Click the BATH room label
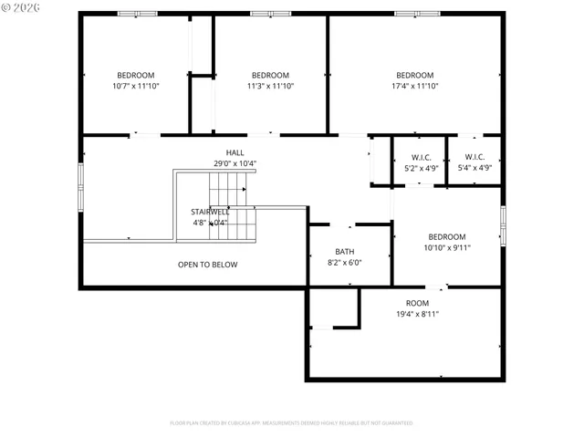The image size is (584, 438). (345, 251)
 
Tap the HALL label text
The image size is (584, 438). (235, 152)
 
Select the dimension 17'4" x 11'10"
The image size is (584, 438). (414, 87)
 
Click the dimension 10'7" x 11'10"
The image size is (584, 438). (135, 87)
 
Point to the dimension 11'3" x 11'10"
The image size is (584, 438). (270, 87)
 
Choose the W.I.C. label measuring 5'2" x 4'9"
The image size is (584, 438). (421, 157)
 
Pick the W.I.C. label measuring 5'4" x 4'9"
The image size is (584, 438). (474, 157)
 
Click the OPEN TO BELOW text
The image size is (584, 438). (207, 265)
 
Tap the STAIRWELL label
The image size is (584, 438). (209, 212)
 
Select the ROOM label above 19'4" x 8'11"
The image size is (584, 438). (417, 303)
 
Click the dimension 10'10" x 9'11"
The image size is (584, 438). (447, 247)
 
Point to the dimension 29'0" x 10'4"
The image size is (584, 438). (235, 164)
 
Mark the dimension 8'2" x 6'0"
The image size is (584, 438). (345, 263)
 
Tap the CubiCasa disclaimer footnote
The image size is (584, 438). (291, 423)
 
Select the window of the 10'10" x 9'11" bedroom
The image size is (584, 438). (503, 225)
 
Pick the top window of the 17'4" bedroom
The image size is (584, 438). (408, 14)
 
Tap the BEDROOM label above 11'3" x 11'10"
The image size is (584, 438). (270, 75)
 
